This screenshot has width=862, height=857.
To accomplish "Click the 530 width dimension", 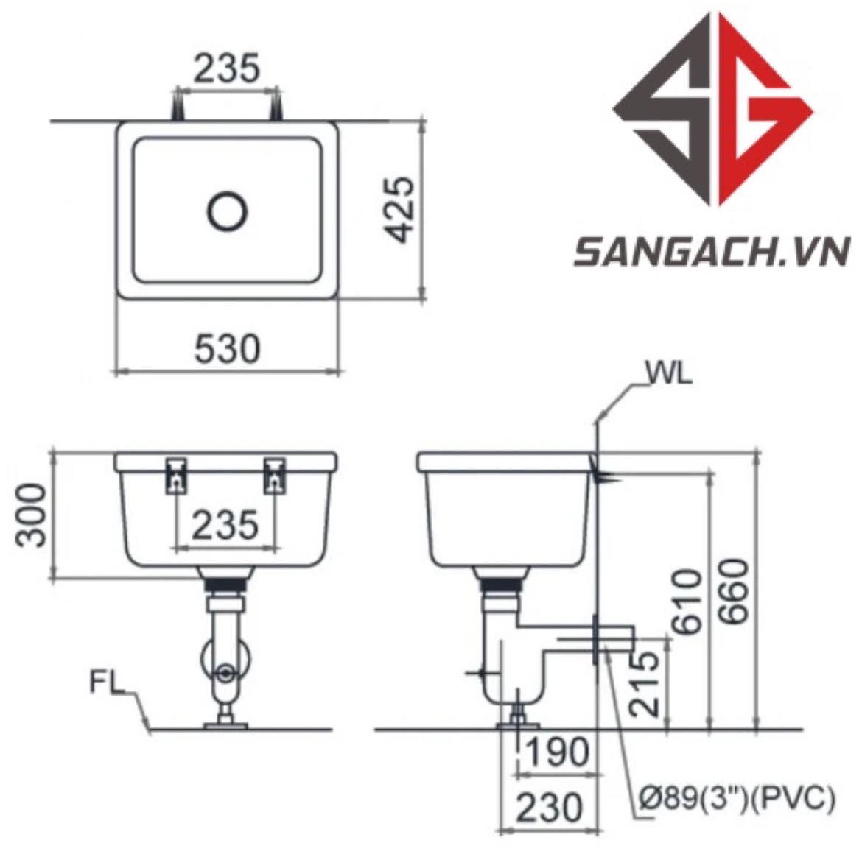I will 228,348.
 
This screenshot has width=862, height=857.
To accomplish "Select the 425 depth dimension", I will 402,210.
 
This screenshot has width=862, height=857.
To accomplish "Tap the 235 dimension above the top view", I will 227,68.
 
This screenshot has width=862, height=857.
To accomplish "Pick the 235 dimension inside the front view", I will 225,526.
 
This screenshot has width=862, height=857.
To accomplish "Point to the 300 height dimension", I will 32,515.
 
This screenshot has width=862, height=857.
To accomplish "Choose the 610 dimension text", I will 687,601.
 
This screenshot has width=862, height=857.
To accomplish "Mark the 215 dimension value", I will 645,684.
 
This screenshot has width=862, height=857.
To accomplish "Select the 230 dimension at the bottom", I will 549,808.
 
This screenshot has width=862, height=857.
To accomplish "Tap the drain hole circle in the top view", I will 227,211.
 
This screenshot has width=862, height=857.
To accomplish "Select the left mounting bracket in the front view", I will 177,474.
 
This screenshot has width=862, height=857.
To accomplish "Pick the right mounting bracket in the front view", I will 275,474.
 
